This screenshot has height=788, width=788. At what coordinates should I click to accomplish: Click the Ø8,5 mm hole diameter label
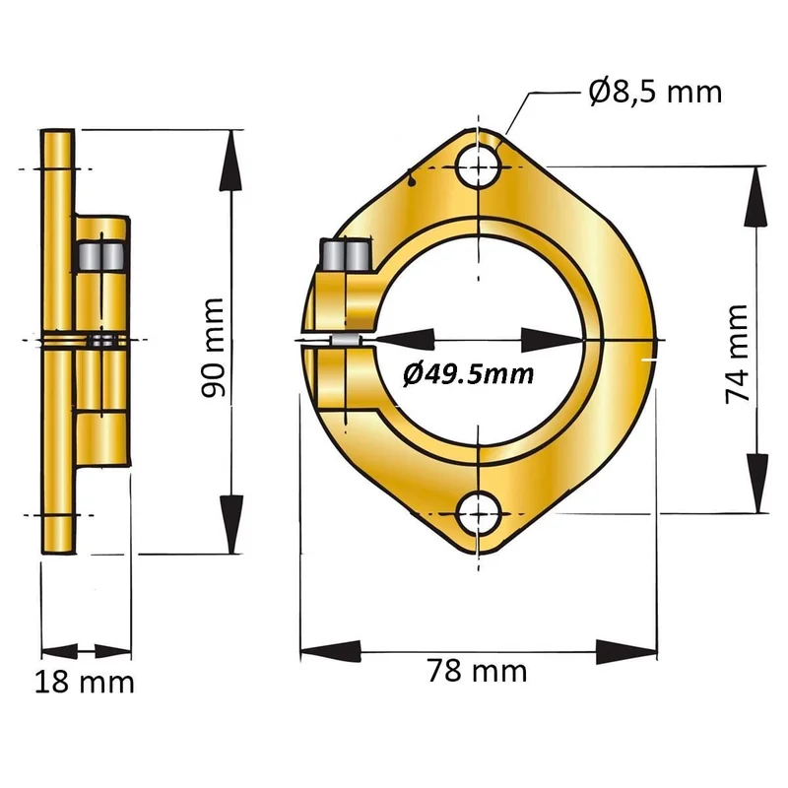655,92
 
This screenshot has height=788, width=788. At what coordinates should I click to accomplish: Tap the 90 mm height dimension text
213,348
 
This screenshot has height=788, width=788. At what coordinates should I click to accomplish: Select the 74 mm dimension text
738,354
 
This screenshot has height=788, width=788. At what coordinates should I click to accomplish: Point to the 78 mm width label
477,671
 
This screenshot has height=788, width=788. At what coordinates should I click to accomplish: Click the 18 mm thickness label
85,682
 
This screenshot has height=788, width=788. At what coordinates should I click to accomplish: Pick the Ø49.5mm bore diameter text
469,374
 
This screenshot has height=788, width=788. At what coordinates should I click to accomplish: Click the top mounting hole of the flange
479,165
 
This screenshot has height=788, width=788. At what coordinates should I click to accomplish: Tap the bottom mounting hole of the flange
479,514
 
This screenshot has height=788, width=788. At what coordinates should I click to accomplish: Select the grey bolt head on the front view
347,255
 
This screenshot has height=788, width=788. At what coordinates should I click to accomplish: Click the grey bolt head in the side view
101,255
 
